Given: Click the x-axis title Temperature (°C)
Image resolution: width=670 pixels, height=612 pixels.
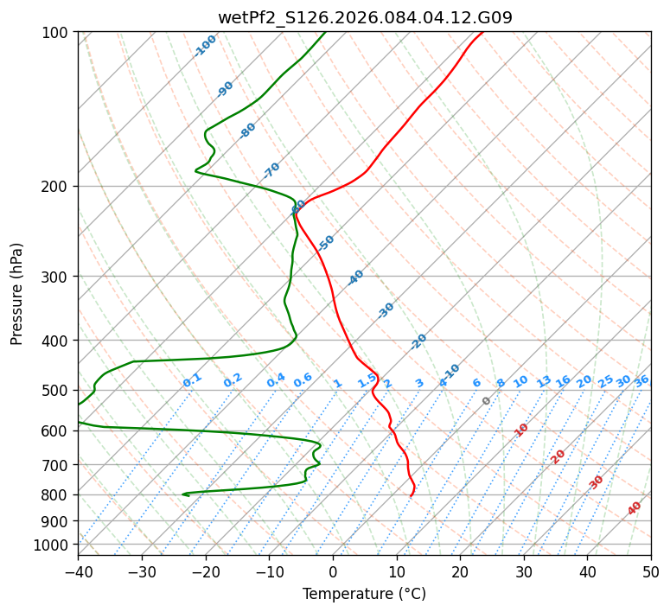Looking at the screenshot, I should coord(364,594).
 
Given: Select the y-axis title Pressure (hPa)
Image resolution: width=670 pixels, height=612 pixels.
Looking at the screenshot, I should coord(17,294).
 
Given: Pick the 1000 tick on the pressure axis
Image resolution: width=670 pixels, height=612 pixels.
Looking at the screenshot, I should coord(54,545).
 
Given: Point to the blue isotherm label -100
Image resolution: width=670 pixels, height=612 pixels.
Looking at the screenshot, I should coord(205,46).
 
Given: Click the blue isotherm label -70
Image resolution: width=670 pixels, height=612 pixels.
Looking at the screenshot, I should coord(271,169).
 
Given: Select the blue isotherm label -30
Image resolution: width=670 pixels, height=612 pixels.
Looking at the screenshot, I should coord(386,310).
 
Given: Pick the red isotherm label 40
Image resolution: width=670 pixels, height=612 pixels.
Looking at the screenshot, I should coord(635,508).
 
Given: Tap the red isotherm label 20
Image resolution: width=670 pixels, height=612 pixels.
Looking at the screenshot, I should coord(558,456).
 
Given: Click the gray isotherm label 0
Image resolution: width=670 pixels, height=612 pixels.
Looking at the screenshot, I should coord(487,401).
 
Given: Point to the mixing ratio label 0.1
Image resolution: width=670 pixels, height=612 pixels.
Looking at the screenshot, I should coord(192,379).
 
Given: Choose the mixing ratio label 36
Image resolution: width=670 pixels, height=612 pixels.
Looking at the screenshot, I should coord(641,380).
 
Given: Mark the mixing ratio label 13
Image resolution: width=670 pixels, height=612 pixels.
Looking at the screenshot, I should coord(544,381).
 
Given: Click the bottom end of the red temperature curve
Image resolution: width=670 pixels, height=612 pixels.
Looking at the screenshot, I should coord(411,495).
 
